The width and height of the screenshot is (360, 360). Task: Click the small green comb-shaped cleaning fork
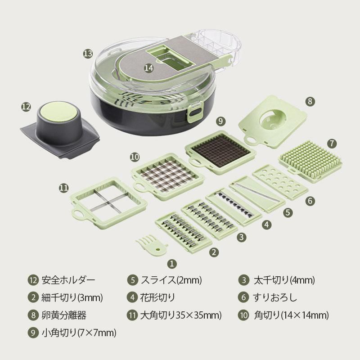pos(151,245)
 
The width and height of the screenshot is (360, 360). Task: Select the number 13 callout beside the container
pos(88,54)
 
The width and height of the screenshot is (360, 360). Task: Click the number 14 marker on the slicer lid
pos(148,68)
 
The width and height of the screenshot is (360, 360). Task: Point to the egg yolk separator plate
pos(273,121)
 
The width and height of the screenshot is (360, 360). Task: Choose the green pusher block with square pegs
pos(310,162)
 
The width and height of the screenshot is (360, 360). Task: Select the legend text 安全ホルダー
pos(68,280)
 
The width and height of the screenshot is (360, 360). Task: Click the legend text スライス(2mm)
pos(171,280)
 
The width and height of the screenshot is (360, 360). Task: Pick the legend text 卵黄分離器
pos(64,315)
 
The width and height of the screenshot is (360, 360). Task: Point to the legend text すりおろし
pos(275,297)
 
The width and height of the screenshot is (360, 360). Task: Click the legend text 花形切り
pos(157,297)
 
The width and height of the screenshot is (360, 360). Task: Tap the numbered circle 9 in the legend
pos(33,333)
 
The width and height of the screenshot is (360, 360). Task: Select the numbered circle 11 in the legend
pos(132,315)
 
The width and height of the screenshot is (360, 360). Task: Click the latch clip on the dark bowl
pos(195,112)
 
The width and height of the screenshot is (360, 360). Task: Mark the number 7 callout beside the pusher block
pos(332,144)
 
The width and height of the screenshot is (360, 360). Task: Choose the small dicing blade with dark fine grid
pos(221,152)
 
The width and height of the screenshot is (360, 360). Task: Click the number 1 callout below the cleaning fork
pos(172,264)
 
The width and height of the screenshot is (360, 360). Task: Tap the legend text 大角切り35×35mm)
pos(181,315)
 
